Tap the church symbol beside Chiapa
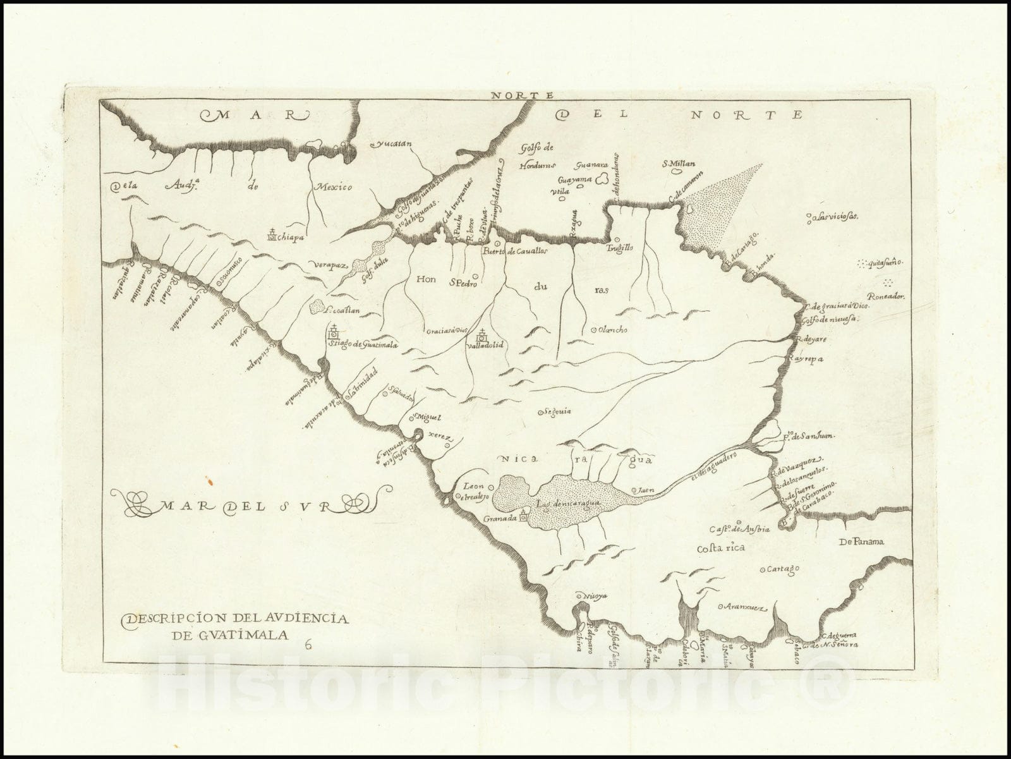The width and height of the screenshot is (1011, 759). [272, 235]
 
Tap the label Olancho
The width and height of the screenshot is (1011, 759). [611, 329]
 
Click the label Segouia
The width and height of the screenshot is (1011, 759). [557, 411]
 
